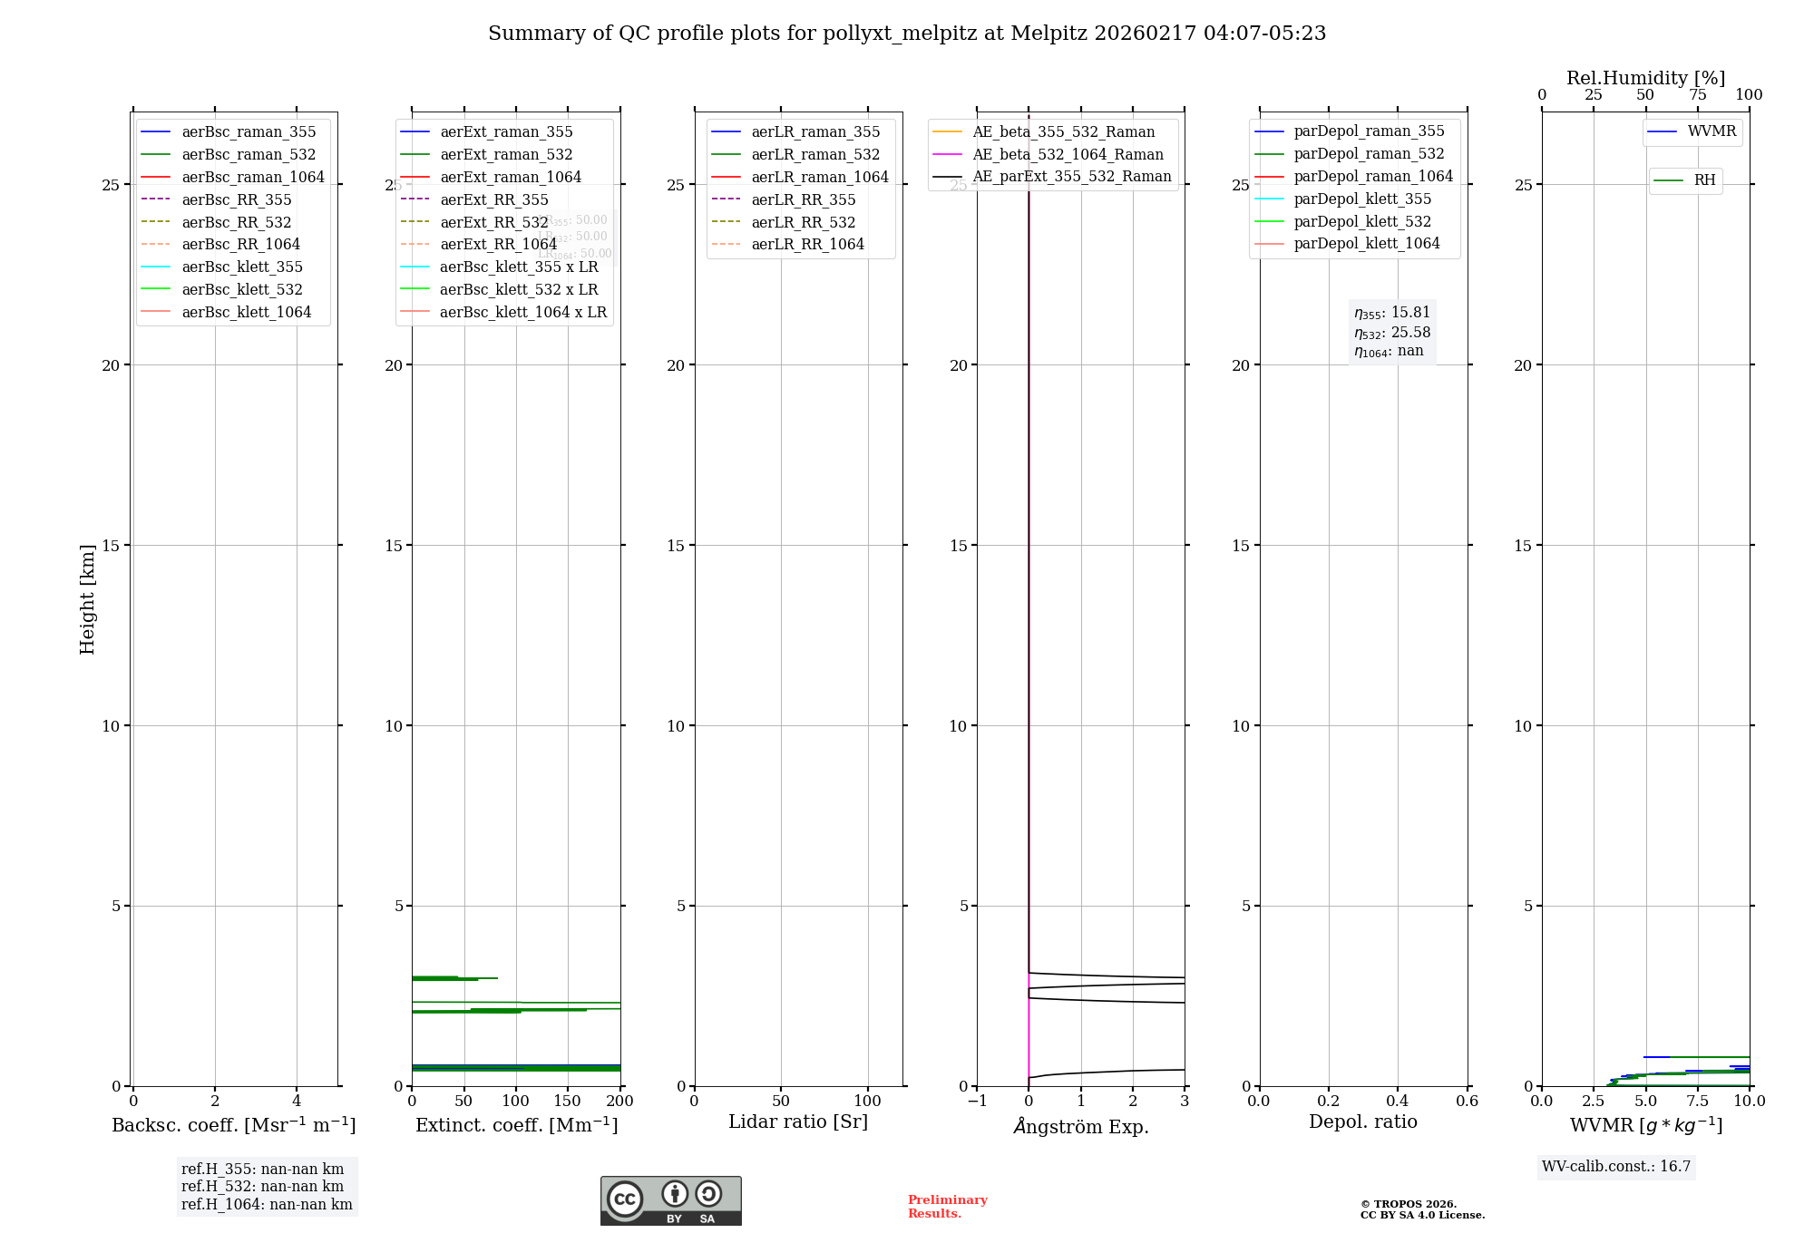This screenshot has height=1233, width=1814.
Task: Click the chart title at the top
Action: click(x=906, y=34)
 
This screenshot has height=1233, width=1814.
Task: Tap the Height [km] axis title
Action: click(x=87, y=598)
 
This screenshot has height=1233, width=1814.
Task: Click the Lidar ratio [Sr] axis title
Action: click(x=798, y=1121)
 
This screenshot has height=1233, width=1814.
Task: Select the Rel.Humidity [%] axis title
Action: click(x=1645, y=78)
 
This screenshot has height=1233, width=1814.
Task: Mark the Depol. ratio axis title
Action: click(x=1362, y=1121)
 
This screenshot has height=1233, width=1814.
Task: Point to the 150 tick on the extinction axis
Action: click(x=568, y=1101)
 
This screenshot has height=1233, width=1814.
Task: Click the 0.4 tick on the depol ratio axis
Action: click(x=1398, y=1101)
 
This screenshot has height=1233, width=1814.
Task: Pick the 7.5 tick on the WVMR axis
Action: click(x=1697, y=1101)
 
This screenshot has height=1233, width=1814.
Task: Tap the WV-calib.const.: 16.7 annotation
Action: click(x=1616, y=1166)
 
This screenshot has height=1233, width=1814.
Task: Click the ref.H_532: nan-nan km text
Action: click(x=262, y=1186)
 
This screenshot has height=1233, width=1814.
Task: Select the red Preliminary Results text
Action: click(x=947, y=1206)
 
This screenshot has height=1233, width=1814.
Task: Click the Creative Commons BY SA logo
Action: click(x=670, y=1200)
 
